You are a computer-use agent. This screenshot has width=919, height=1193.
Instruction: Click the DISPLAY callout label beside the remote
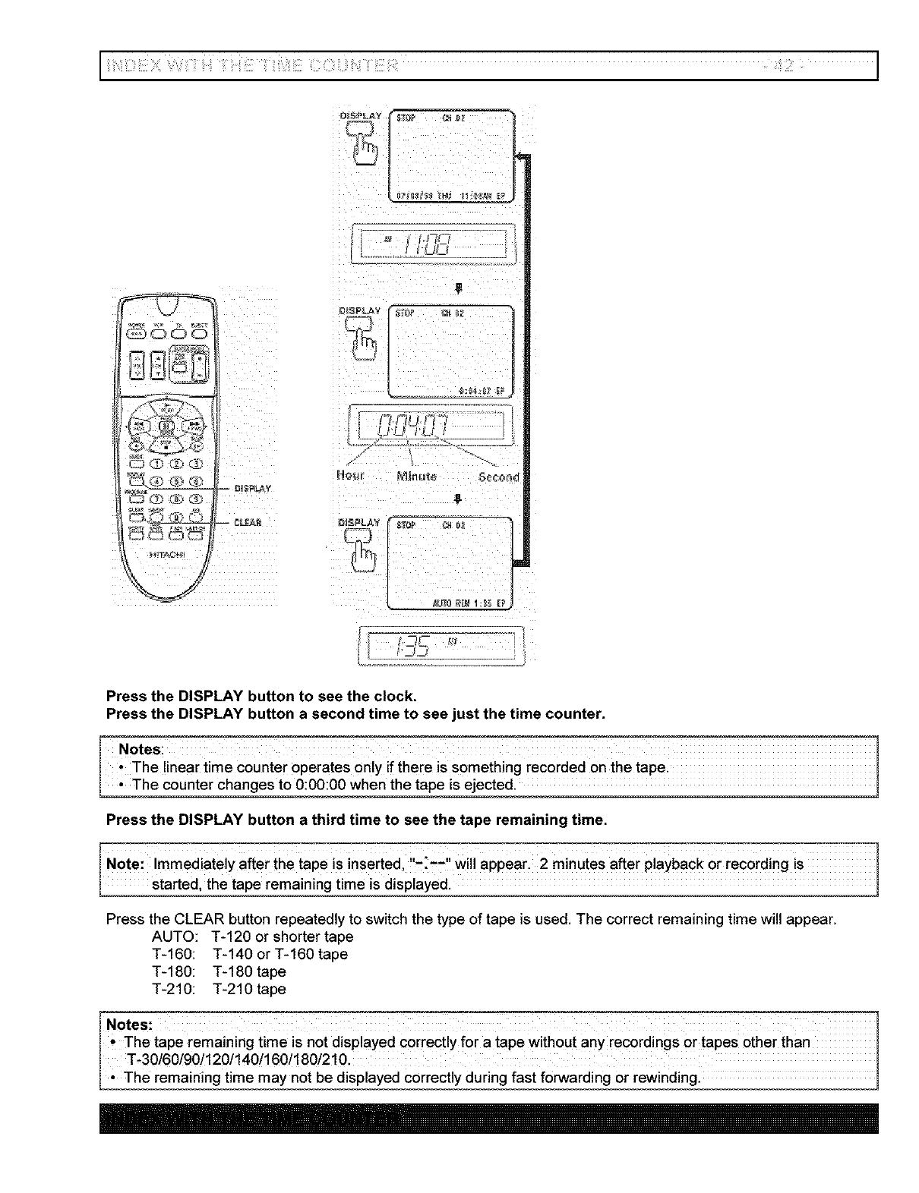[x=254, y=488]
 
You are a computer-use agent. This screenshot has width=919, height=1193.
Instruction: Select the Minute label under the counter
[x=416, y=477]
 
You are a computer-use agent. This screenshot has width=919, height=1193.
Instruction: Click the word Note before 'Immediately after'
[x=125, y=864]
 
